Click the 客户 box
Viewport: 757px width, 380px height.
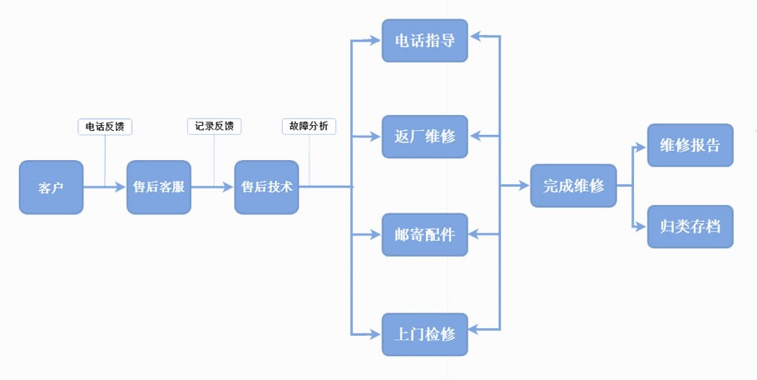coord(52,187)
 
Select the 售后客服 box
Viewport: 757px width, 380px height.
coord(158,187)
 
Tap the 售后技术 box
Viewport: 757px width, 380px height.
coord(266,187)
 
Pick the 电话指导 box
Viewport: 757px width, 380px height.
coord(424,40)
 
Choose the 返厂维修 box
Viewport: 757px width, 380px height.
coord(424,136)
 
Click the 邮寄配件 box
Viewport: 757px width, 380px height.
coord(424,235)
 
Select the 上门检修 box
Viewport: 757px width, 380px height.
coord(424,334)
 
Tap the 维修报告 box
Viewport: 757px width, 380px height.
coord(690,146)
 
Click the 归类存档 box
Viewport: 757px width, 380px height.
coord(690,226)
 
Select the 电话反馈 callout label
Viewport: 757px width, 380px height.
coord(106,127)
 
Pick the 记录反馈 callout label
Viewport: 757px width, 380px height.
coord(214,127)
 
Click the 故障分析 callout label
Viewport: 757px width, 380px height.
coord(310,127)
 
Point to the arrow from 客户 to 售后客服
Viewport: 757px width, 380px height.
coord(105,187)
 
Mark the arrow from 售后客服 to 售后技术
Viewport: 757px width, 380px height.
coord(213,187)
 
